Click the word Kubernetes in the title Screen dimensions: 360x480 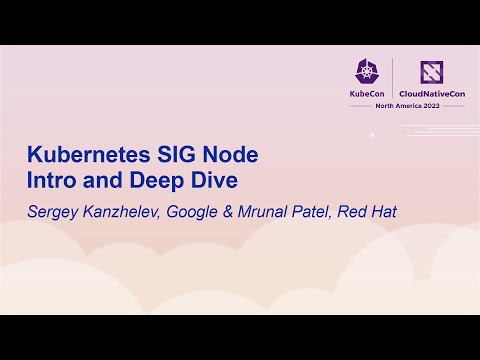pyautogui.click(x=82, y=157)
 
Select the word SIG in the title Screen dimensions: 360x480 pyautogui.click(x=165, y=157)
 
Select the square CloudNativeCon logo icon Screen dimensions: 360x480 pyautogui.click(x=431, y=70)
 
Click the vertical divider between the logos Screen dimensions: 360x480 pyautogui.click(x=392, y=79)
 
